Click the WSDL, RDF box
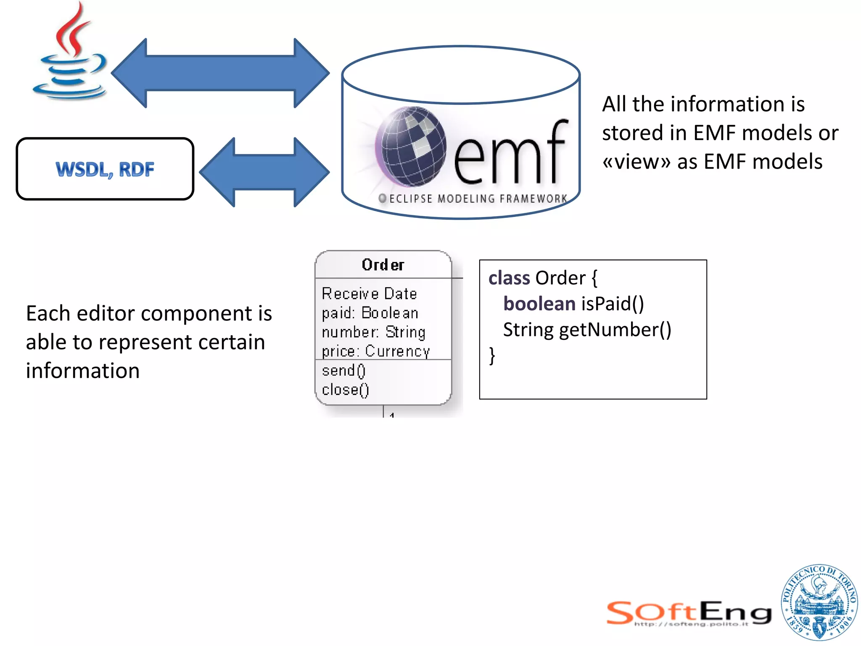point(105,169)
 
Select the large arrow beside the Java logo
point(220,73)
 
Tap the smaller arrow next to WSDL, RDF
point(264,172)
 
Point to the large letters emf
point(510,154)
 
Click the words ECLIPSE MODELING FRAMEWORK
point(478,199)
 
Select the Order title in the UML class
point(383,265)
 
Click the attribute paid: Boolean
point(370,313)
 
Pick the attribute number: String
point(374,332)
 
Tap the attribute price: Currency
point(376,351)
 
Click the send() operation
point(344,371)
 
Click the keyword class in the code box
point(509,278)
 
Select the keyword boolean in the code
point(539,304)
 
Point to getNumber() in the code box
point(615,330)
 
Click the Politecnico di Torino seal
point(819,602)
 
